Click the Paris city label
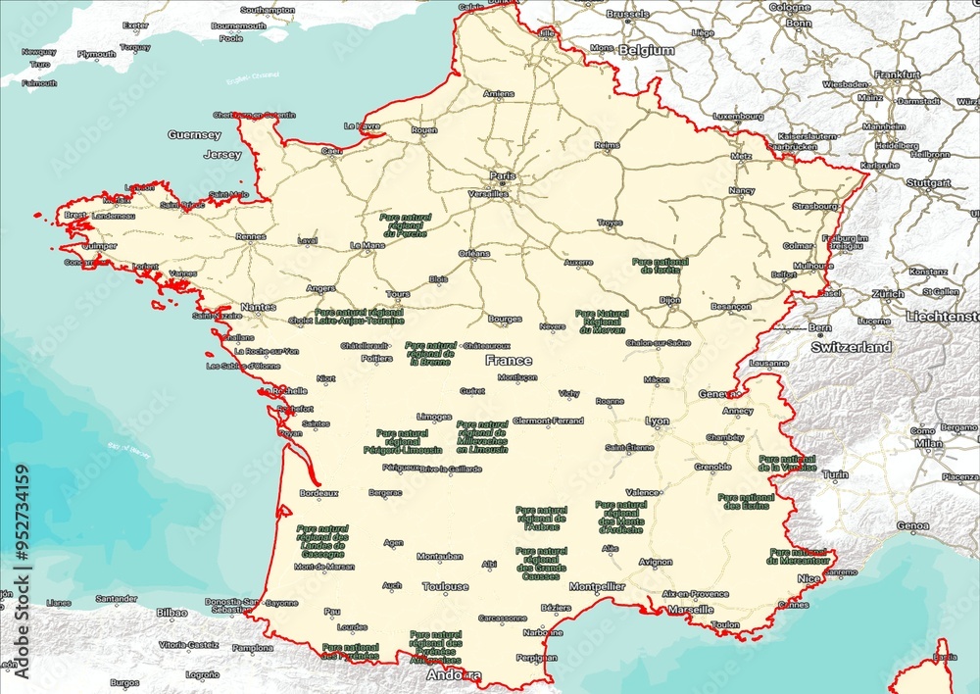tap(502, 176)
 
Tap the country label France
tap(509, 361)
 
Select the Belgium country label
tap(647, 50)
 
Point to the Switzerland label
tap(851, 347)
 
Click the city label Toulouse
tap(445, 587)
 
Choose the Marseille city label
tap(690, 609)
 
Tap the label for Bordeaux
tap(318, 493)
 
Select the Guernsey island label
tap(194, 135)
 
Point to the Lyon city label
tap(657, 421)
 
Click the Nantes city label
tap(258, 307)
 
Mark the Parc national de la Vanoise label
tap(787, 463)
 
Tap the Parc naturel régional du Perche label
tap(405, 224)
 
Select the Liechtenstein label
tap(942, 317)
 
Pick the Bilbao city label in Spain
tap(171, 612)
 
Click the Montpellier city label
tap(597, 587)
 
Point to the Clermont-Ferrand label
tap(548, 421)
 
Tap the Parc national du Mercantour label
tap(798, 556)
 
